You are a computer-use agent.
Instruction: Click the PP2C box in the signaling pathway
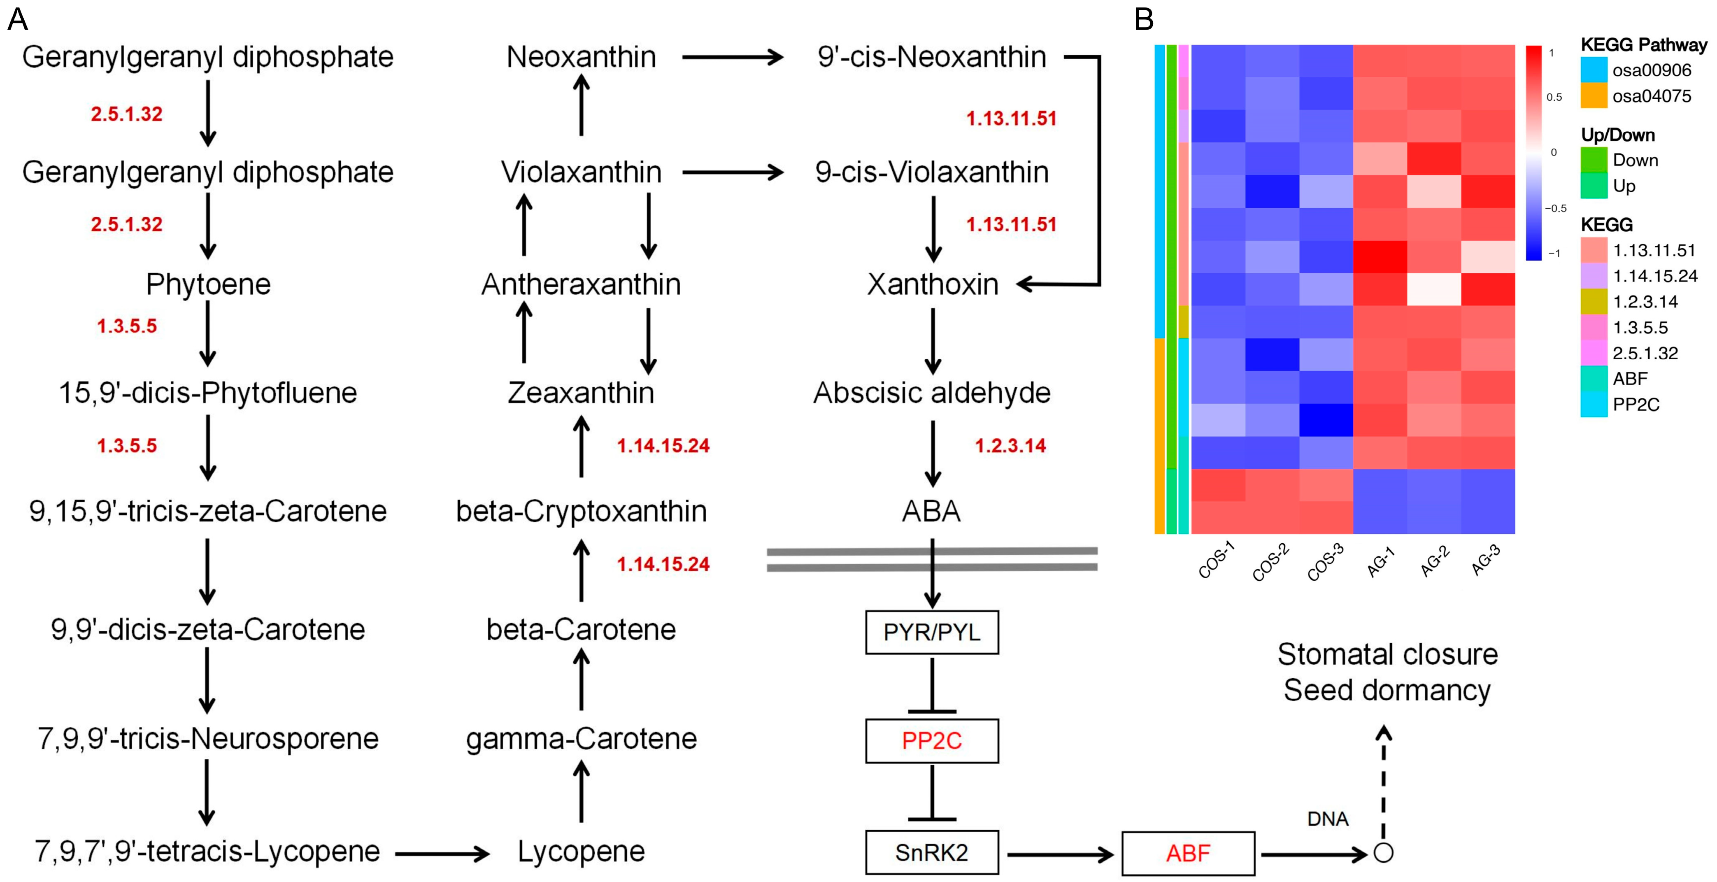[931, 741]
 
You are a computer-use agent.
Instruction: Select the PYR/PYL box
[931, 632]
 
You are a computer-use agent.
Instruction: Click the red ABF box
[1188, 853]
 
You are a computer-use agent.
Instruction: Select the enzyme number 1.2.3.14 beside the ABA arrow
[1010, 446]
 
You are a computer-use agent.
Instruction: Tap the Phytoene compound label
[208, 285]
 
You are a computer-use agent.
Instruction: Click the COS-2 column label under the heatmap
[1270, 562]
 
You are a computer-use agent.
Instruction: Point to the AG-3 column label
[1486, 560]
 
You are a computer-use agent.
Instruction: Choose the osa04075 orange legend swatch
[1593, 96]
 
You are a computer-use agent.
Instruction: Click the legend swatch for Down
[1593, 160]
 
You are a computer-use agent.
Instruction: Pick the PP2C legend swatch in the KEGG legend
[1593, 405]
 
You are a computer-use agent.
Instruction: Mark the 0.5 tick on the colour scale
[1554, 97]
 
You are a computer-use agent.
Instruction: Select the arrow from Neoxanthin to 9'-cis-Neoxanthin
[732, 57]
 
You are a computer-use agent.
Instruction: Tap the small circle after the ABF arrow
[1384, 853]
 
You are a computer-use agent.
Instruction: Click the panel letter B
[1144, 20]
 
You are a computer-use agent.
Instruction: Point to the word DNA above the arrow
[1328, 819]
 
